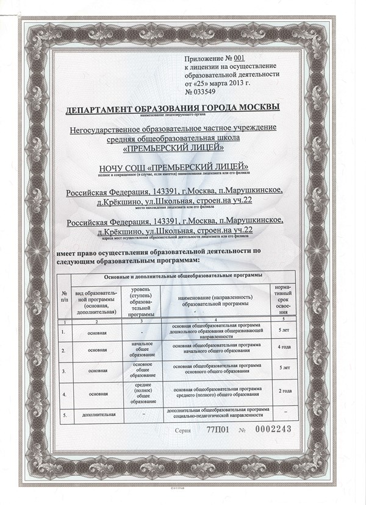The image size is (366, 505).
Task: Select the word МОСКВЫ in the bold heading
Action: (258, 107)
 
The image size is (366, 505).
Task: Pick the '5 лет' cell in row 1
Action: (284, 330)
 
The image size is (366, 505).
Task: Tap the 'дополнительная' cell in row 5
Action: (95, 415)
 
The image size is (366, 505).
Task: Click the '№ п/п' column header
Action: (64, 298)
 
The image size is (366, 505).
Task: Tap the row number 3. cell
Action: (63, 370)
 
